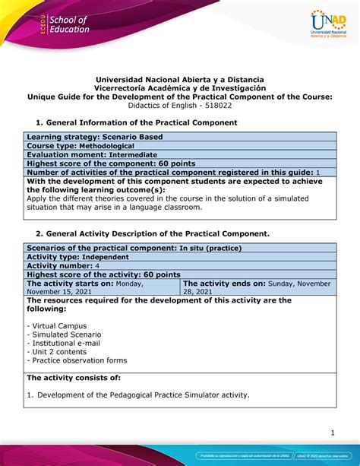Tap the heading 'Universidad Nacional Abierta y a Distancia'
click(x=179, y=78)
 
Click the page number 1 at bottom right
click(x=331, y=433)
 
